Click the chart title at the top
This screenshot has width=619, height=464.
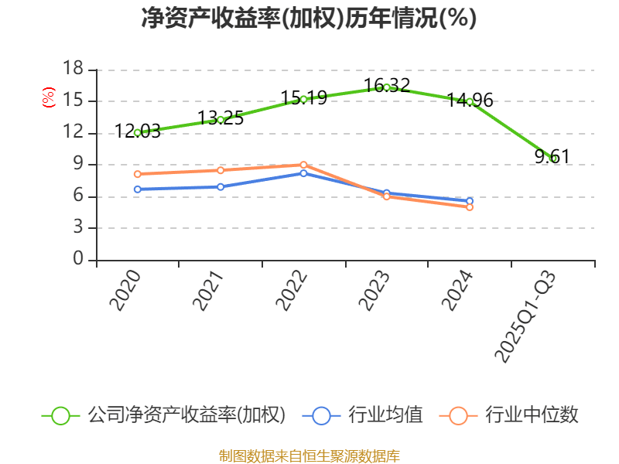tap(309, 18)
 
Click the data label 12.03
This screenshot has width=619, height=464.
tap(138, 131)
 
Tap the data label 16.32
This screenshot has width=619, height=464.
tap(387, 85)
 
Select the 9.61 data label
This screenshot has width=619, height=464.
tap(552, 157)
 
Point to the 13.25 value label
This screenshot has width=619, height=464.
tap(221, 118)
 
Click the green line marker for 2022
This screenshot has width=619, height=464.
tap(304, 98)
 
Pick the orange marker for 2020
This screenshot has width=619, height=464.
tap(138, 174)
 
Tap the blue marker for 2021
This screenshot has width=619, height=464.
tap(221, 186)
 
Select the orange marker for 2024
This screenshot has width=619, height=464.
tap(470, 207)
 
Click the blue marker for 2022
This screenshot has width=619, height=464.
tap(304, 173)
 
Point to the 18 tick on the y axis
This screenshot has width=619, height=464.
tap(73, 70)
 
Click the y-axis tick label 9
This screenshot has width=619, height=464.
tap(78, 165)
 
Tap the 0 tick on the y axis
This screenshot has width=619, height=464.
tap(78, 260)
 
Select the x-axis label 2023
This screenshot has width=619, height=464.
tap(375, 291)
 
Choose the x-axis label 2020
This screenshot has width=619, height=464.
tap(126, 291)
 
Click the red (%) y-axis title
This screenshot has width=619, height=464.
tap(48, 97)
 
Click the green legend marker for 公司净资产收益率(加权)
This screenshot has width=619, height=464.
tap(61, 415)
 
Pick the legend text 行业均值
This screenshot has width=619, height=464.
tap(385, 415)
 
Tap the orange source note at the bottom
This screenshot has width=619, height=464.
tap(309, 455)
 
